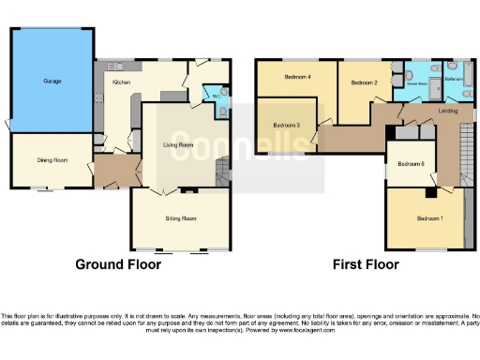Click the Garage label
click(52, 82)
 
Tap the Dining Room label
click(52, 160)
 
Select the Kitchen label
click(122, 83)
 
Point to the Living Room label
click(178, 145)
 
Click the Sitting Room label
click(180, 217)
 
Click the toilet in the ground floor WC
click(222, 111)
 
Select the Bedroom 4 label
click(297, 77)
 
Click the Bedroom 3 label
click(286, 125)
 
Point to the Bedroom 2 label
click(364, 82)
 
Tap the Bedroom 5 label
click(410, 164)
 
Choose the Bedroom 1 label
click(430, 217)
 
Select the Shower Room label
click(417, 83)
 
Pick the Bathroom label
click(454, 80)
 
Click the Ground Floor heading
click(118, 264)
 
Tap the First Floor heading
click(366, 264)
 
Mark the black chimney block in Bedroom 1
click(428, 194)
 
